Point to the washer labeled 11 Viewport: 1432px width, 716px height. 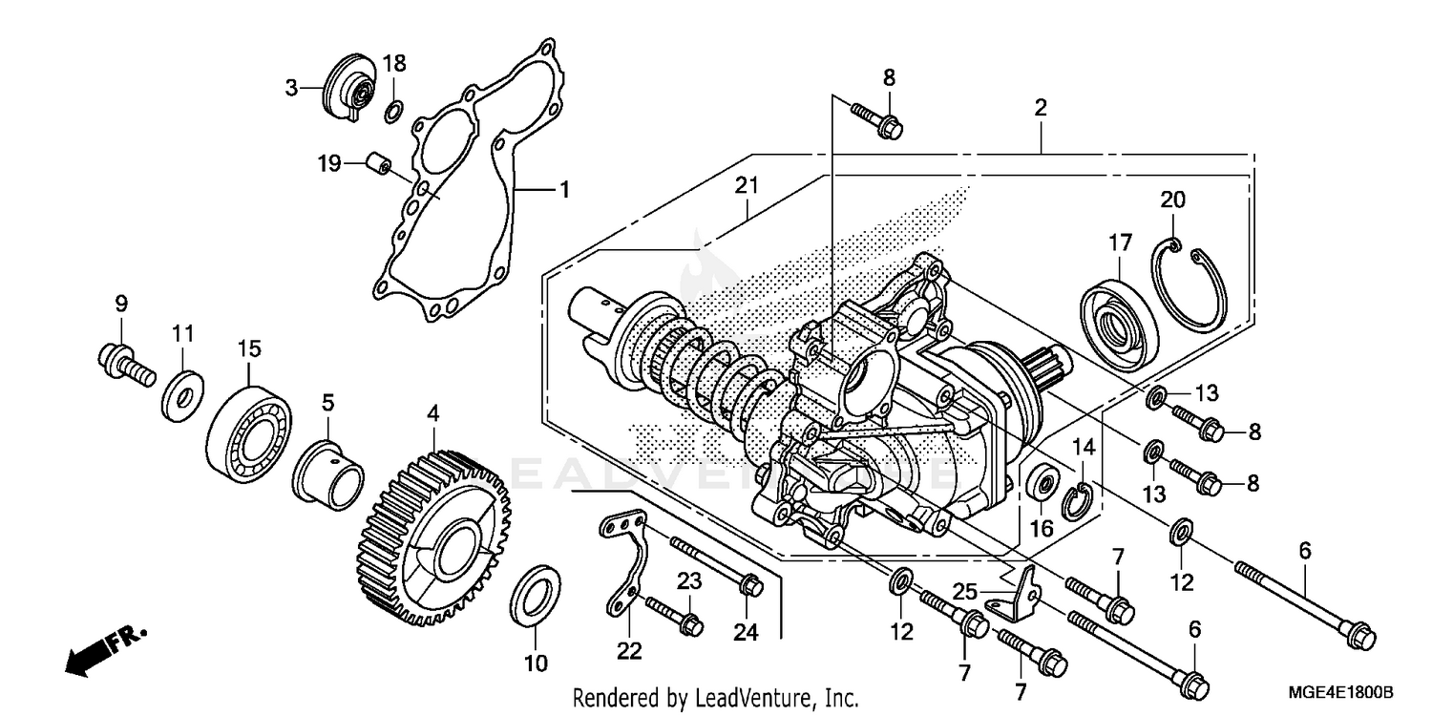click(180, 393)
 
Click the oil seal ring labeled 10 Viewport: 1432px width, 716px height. click(536, 596)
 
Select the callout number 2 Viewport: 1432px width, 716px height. click(1040, 108)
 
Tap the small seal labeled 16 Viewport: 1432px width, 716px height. click(1043, 482)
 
